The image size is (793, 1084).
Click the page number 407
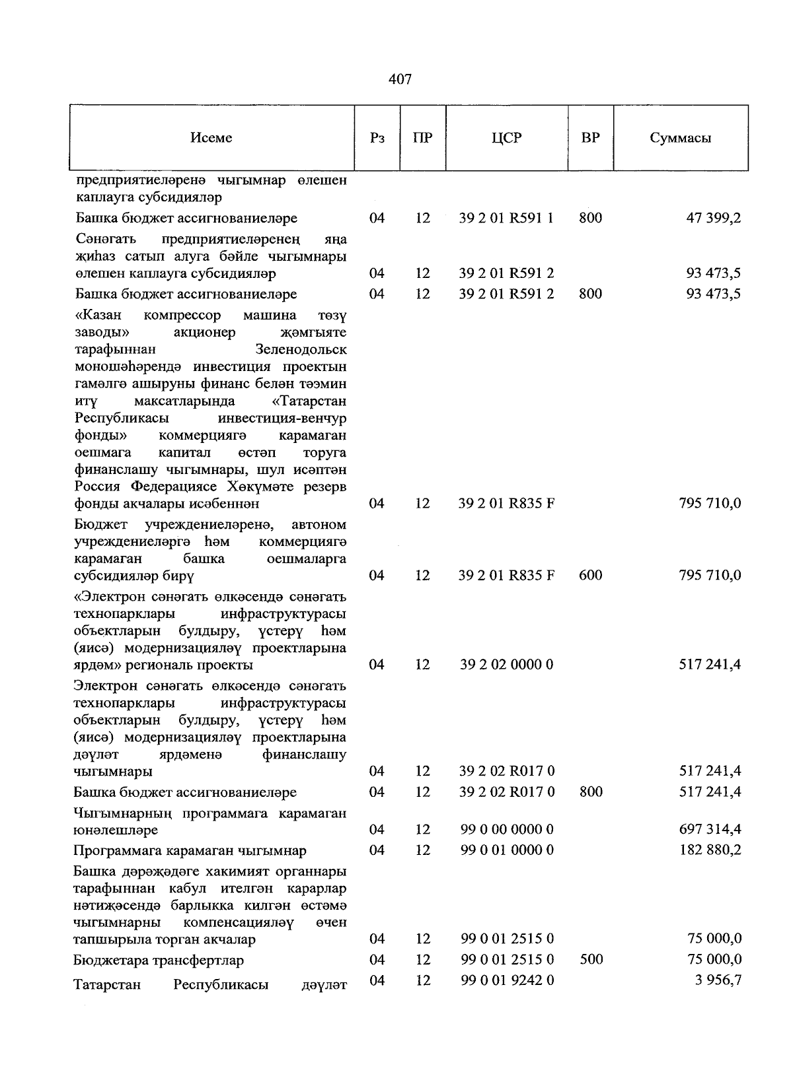click(400, 80)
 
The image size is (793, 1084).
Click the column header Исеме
click(211, 138)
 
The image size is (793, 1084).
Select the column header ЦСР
click(506, 138)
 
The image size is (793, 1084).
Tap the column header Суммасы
click(680, 138)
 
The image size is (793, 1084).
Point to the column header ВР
click(590, 138)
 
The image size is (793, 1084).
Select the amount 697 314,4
click(710, 829)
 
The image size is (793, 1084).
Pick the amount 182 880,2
click(710, 850)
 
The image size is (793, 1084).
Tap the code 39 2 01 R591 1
click(506, 218)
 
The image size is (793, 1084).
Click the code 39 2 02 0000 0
click(506, 664)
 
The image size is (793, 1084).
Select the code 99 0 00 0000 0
click(506, 829)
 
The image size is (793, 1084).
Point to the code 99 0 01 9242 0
click(506, 980)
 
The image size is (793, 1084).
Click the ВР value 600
click(590, 575)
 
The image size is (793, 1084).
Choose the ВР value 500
click(590, 959)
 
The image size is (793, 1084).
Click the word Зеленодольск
click(301, 349)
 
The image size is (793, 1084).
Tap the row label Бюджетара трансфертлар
click(159, 960)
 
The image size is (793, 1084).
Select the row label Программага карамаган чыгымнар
click(190, 850)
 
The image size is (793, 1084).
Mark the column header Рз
click(377, 138)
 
